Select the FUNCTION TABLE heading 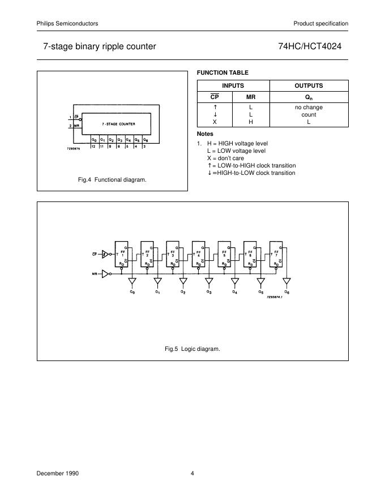[222, 72]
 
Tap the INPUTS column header [233, 86]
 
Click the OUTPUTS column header [309, 86]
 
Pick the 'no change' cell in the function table [309, 107]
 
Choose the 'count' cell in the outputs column [309, 114]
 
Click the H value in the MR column [251, 122]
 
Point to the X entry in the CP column [215, 122]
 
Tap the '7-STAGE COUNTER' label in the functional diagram [118, 123]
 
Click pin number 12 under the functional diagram [93, 146]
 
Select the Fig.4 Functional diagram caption [112, 179]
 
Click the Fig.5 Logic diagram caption [192, 349]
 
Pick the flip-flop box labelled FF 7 [279, 254]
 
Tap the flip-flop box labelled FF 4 [201, 254]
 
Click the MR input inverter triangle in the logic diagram [105, 274]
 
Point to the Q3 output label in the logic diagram [209, 292]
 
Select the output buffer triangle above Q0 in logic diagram [132, 281]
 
